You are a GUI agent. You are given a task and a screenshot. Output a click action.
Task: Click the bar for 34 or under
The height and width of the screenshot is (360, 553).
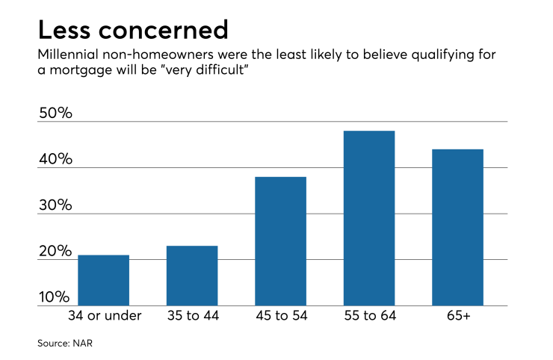103,280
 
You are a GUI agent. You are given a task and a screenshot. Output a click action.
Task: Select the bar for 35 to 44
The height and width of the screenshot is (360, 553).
192,276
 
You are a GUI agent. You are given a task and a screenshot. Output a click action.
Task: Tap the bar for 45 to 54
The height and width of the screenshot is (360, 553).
281,241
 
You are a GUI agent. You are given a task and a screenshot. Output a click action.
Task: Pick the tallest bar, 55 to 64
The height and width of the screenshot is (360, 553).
369,218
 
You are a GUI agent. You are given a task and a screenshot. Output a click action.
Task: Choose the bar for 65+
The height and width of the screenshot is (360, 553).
458,227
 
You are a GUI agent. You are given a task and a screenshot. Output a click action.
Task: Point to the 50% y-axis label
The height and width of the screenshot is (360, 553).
55,113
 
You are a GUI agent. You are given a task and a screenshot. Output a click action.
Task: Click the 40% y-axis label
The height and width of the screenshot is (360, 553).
55,159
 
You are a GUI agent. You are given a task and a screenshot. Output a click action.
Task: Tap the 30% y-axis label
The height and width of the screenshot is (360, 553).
55,205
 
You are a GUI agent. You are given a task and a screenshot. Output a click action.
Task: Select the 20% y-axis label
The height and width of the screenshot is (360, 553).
55,251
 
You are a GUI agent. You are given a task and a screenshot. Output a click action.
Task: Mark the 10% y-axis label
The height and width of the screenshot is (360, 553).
55,297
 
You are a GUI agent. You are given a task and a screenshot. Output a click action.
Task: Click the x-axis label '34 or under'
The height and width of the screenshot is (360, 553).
105,315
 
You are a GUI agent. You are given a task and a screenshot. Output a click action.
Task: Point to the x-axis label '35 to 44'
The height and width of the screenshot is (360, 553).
193,315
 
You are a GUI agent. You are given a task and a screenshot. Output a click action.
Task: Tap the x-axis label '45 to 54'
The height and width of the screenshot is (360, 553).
282,315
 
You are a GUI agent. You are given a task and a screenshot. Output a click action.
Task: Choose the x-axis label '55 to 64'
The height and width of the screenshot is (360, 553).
370,315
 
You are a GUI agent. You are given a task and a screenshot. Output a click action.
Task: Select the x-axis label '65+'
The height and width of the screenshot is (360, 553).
459,315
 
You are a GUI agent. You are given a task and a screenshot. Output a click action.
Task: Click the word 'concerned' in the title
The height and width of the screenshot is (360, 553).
164,31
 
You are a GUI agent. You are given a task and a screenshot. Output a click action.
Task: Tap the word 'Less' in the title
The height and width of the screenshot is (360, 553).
64,30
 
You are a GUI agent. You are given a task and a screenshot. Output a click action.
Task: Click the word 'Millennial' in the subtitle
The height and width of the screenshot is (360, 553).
68,55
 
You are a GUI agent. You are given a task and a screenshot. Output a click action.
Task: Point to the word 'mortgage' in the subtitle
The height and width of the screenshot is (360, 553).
81,70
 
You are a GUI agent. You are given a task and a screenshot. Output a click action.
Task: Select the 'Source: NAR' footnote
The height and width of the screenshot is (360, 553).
65,343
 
